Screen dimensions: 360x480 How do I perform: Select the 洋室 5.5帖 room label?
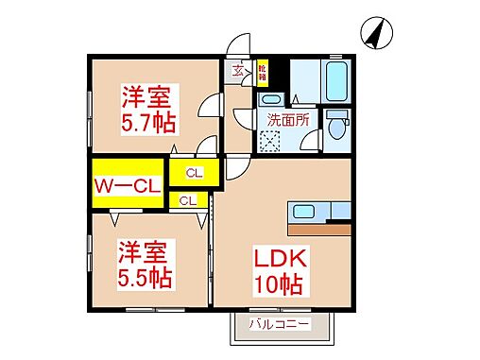144,264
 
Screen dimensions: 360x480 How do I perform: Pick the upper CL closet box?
194,173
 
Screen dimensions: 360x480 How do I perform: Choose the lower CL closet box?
188,200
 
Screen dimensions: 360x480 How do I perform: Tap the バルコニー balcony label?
281,324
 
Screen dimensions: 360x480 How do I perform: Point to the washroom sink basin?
269,99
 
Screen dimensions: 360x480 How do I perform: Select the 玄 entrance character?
238,69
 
